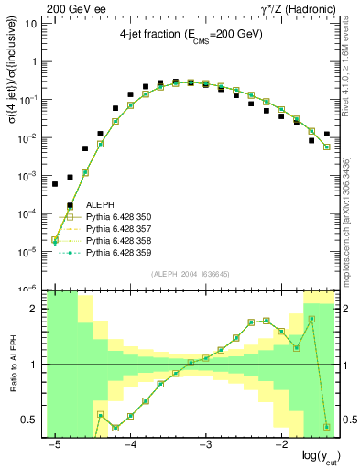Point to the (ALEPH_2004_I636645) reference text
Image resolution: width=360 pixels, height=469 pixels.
[x=190, y=274]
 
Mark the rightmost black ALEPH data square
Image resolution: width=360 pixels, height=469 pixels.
[x=327, y=135]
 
